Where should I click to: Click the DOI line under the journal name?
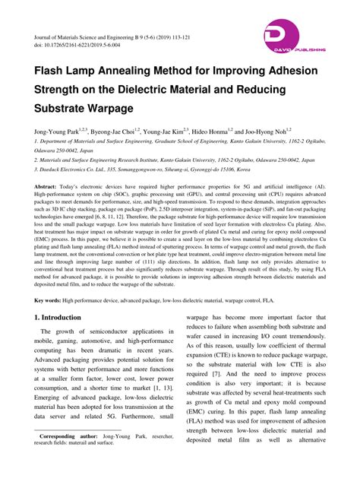pyautogui.click(x=76, y=46)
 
